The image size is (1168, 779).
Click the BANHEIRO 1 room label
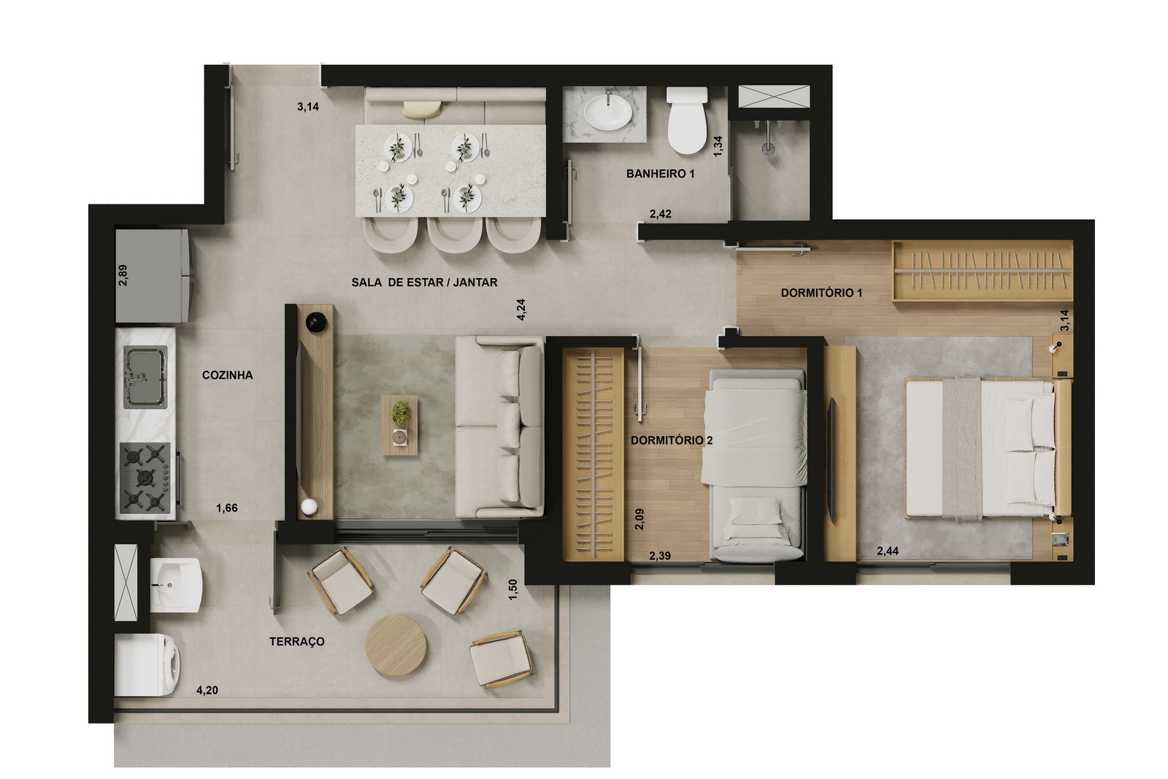(x=660, y=174)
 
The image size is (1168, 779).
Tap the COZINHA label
(x=227, y=375)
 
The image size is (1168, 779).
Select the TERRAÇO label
(x=296, y=641)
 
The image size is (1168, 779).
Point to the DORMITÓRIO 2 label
(x=672, y=440)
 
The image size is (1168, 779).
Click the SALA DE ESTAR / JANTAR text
(x=424, y=282)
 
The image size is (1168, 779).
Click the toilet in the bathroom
(x=687, y=120)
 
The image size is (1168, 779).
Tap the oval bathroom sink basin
(x=608, y=112)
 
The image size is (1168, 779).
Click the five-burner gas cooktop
(x=145, y=477)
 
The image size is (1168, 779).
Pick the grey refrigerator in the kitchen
(x=154, y=276)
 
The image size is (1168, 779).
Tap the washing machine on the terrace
(x=147, y=665)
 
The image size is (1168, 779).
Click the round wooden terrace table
(x=396, y=645)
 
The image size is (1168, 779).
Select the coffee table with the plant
(x=399, y=425)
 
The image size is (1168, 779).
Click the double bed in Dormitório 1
(x=988, y=449)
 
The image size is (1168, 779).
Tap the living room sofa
(x=499, y=426)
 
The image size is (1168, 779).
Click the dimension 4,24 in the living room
(x=521, y=310)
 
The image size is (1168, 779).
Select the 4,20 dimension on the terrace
(x=207, y=691)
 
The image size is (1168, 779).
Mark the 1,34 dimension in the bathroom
(x=718, y=146)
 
